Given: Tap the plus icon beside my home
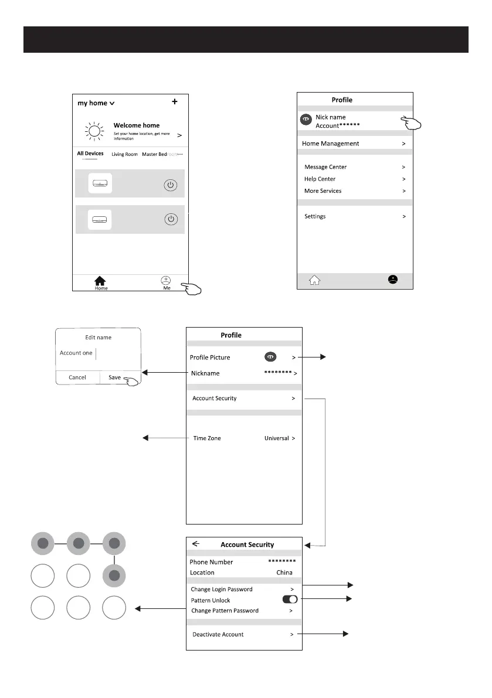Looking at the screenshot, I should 175,102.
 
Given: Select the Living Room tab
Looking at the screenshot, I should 124,154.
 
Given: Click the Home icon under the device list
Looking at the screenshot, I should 101,282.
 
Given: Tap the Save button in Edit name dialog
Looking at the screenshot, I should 115,377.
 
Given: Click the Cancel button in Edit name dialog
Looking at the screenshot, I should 77,377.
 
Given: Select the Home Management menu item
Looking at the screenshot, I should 330,144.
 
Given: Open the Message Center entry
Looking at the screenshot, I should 325,167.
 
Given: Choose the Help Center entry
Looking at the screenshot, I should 320,179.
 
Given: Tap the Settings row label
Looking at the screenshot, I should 315,216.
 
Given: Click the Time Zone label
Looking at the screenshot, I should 207,438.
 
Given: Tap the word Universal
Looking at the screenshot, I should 277,438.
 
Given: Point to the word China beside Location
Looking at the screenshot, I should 284,573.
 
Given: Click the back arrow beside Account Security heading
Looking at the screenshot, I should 196,544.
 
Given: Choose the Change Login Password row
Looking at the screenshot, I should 222,589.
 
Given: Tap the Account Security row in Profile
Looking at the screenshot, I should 215,399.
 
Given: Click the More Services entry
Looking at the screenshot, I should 323,191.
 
